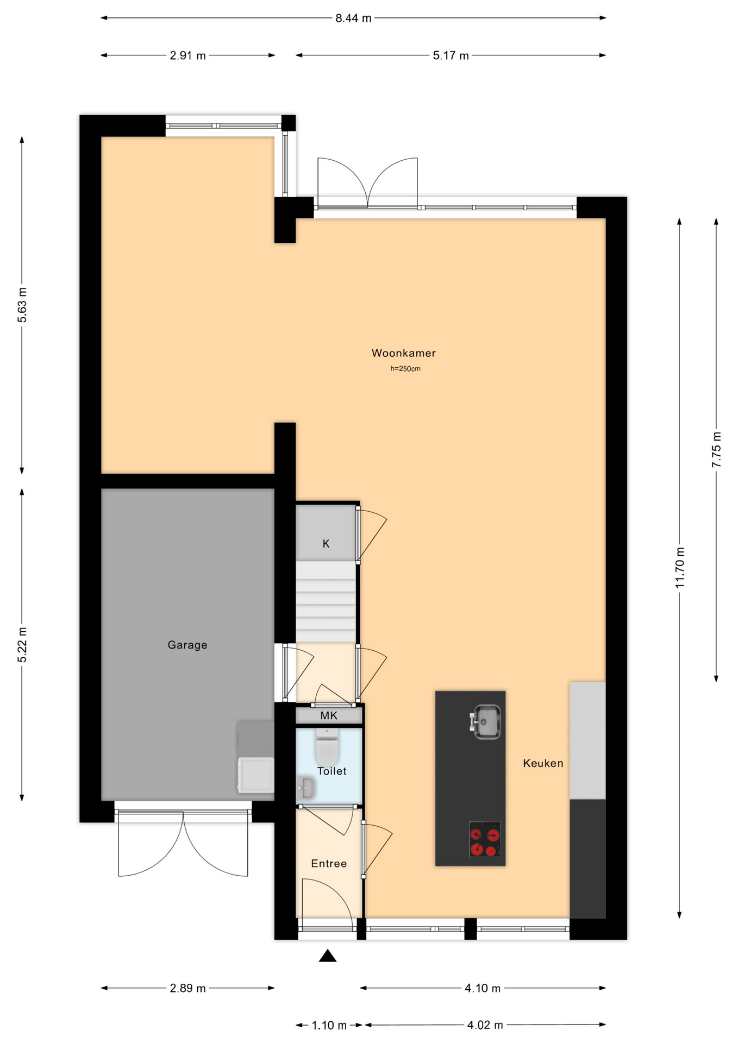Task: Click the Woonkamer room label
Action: [x=403, y=353]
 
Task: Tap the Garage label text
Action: [x=187, y=645]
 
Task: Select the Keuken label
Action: [x=543, y=763]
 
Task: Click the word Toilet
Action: [x=332, y=771]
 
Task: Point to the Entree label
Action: [x=329, y=863]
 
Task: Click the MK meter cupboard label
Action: [x=329, y=715]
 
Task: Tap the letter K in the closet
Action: [x=326, y=543]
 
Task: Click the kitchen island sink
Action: [x=486, y=721]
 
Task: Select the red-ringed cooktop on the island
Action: [x=485, y=839]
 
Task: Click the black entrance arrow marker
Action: [x=327, y=956]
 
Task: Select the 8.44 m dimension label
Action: [x=353, y=18]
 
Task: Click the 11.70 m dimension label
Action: [x=680, y=568]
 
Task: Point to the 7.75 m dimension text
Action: [x=717, y=449]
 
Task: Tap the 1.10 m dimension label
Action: [x=329, y=1025]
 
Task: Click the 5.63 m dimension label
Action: [x=22, y=304]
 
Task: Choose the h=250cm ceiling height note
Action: [x=405, y=369]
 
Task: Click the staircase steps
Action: [x=326, y=602]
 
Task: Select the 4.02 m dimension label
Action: [x=485, y=1025]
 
